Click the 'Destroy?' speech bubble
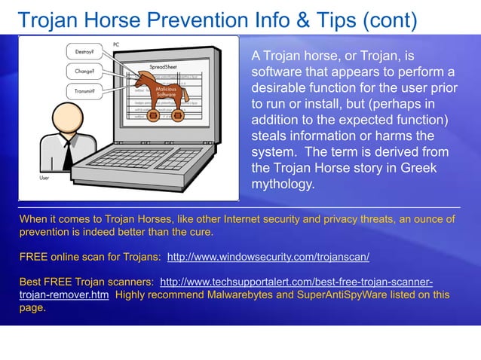(x=84, y=52)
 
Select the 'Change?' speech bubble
(x=84, y=72)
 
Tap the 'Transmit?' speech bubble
(x=84, y=91)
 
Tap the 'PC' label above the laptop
(x=115, y=45)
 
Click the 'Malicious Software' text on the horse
(x=164, y=91)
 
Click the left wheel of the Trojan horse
(x=154, y=116)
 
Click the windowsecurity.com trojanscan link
(x=268, y=257)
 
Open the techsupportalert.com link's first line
(x=296, y=282)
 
